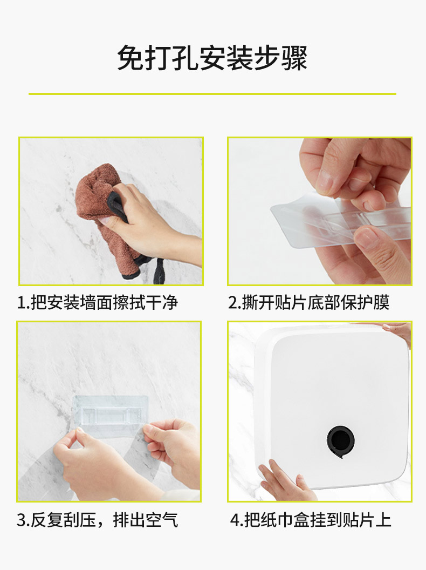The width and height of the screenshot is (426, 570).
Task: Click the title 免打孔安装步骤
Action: click(212, 58)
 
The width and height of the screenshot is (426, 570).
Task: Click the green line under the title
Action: click(212, 94)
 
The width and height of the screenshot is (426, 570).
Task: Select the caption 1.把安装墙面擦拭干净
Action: click(97, 302)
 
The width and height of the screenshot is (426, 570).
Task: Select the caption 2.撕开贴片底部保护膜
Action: click(308, 302)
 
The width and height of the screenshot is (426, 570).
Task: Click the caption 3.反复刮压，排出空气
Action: click(97, 520)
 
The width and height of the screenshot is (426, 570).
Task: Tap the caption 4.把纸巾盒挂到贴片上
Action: click(311, 520)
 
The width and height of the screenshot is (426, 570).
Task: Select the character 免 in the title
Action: click(130, 58)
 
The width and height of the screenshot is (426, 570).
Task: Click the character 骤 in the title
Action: click(294, 58)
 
